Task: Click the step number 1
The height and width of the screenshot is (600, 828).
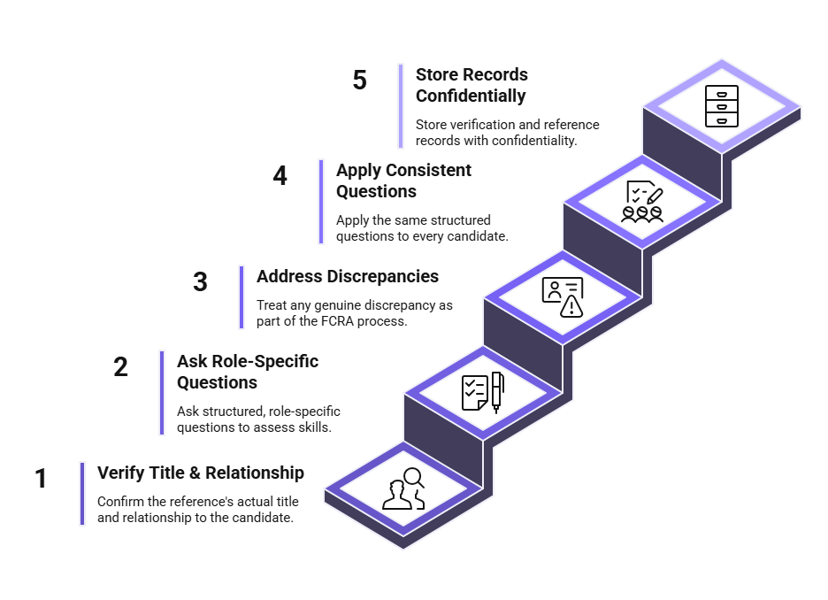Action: point(41,478)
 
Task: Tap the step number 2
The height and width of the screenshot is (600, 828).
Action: point(120,366)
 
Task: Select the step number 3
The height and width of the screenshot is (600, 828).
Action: point(200,281)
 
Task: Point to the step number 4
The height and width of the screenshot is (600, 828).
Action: point(280,175)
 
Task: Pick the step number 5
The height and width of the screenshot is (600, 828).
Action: point(360,80)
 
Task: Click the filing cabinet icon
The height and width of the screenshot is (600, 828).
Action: point(721,106)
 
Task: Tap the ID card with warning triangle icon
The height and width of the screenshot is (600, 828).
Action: point(563,297)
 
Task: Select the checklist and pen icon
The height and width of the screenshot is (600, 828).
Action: point(483,392)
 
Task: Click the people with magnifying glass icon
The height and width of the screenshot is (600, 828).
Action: point(403,488)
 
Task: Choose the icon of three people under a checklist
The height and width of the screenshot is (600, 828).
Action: point(642,202)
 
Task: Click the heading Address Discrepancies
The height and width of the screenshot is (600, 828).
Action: point(348,276)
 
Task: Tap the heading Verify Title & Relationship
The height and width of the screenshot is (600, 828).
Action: point(201,473)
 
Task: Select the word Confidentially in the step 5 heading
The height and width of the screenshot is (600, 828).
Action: point(471,96)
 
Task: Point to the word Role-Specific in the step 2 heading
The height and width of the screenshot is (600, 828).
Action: point(265,361)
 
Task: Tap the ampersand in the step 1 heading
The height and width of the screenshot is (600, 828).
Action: point(195,473)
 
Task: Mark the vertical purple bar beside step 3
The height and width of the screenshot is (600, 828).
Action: point(241,297)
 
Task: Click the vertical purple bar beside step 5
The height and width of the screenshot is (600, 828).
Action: point(401,106)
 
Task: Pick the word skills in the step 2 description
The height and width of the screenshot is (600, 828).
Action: point(314,427)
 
